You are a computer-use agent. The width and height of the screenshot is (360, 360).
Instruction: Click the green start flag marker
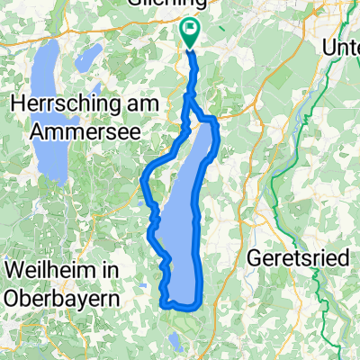click(190, 33)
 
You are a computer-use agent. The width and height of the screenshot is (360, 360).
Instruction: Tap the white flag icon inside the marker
click(190, 30)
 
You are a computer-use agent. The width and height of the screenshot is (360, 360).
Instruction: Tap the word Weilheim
click(44, 268)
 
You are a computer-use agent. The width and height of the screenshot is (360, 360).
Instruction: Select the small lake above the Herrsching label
click(87, 58)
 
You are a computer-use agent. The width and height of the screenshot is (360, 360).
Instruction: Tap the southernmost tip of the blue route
click(167, 306)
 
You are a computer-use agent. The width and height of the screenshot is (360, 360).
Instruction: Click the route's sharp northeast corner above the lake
click(215, 119)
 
